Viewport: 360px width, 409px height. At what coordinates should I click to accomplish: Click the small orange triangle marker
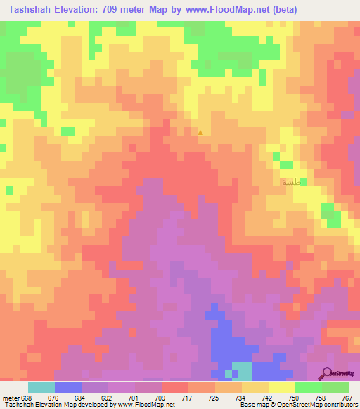[x=200, y=132]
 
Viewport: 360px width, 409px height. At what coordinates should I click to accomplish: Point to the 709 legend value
[x=161, y=397]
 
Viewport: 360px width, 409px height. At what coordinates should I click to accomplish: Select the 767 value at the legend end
[x=347, y=397]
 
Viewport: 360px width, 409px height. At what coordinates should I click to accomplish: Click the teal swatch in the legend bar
[x=41, y=387]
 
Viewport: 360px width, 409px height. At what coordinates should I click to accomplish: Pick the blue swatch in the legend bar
[x=68, y=387]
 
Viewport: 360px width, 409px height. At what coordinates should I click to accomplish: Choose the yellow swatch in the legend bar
[x=282, y=387]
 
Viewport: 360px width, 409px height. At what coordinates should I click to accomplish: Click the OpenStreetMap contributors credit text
[x=313, y=405]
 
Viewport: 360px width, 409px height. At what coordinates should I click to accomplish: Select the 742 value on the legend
[x=268, y=397]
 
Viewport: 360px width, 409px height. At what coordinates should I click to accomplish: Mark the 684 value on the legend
[x=81, y=397]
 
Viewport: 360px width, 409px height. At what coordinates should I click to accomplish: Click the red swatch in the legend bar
[x=175, y=387]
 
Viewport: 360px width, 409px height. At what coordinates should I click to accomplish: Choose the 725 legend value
[x=214, y=397]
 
